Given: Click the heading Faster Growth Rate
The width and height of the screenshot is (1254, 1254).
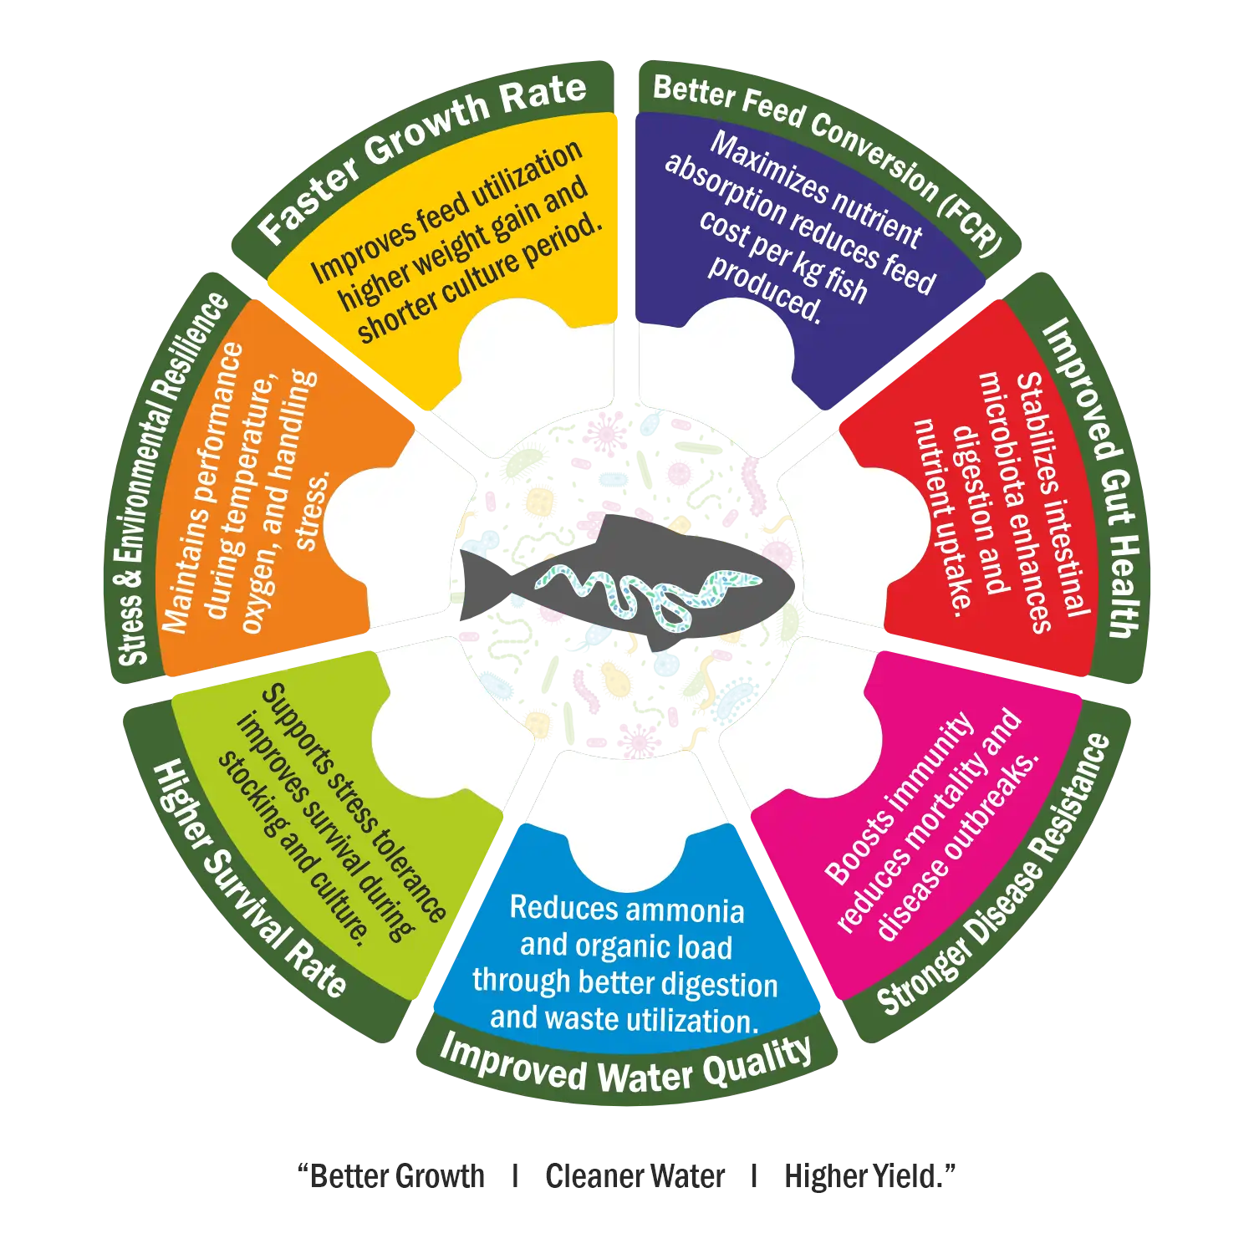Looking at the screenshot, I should (x=422, y=159).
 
